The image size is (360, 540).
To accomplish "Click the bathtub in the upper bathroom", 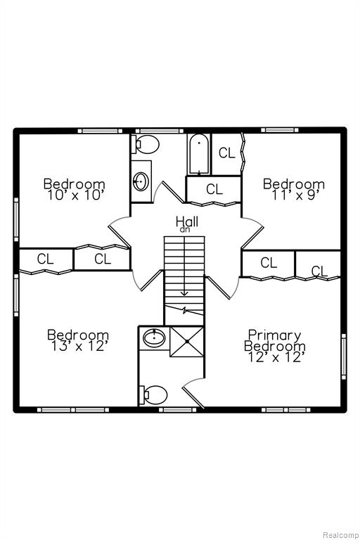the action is coord(199,154).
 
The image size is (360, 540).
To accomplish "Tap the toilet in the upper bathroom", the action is coord(145,144).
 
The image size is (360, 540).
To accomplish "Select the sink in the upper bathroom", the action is coord(141,181).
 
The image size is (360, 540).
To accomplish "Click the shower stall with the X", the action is coord(187,342).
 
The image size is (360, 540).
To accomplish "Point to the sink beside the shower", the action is coord(154,337).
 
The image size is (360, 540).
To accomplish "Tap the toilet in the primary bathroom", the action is coord(153,395).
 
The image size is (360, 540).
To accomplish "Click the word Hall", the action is coord(187,221).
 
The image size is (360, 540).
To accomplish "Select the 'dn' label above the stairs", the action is coord(185,230).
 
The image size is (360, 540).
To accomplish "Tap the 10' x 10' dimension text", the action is coord(76,195).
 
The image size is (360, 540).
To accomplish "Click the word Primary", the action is coord(275,335).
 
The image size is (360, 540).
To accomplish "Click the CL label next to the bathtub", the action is coord(226,153).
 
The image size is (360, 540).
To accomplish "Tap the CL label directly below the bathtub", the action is coord(214,188).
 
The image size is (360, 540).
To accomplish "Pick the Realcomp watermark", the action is coord(340,535).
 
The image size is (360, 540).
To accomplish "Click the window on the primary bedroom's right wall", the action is coord(343,356).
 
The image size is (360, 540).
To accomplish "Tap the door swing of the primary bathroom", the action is coord(193,392).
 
